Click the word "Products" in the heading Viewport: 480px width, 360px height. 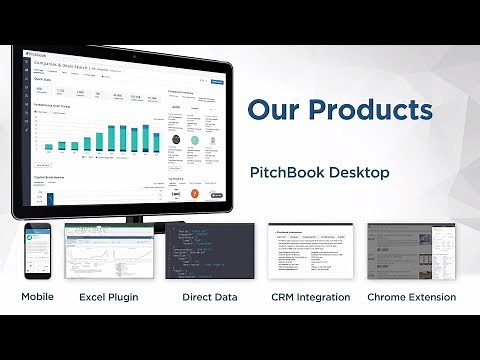[371, 108]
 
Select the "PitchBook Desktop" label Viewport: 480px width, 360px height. [318, 173]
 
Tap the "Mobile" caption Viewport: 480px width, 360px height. [37, 297]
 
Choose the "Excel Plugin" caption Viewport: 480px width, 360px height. [108, 297]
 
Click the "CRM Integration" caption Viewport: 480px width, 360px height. [310, 297]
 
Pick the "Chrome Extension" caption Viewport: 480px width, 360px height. [412, 297]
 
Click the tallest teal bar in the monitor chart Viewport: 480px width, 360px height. [146, 138]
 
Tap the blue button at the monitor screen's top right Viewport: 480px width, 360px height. [217, 83]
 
